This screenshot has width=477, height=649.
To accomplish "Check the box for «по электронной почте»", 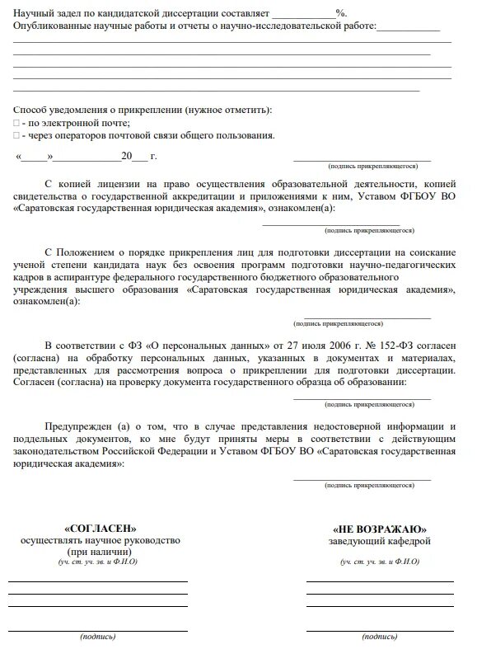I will (16, 123).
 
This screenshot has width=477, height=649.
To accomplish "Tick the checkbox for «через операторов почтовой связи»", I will (16, 135).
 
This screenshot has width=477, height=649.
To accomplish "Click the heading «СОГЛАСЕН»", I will (101, 528).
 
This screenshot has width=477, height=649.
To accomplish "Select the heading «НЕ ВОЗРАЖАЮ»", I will (379, 528).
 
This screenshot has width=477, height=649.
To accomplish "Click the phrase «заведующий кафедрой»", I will (379, 541).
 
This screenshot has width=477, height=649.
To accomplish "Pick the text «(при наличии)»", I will (100, 552).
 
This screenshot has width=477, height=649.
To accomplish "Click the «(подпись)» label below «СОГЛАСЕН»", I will (98, 637).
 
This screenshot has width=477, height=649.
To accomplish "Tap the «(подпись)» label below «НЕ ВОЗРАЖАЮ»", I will (380, 637).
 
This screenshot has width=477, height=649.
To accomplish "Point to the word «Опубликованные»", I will (51, 26).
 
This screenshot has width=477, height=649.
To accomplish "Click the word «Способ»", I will (30, 110).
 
